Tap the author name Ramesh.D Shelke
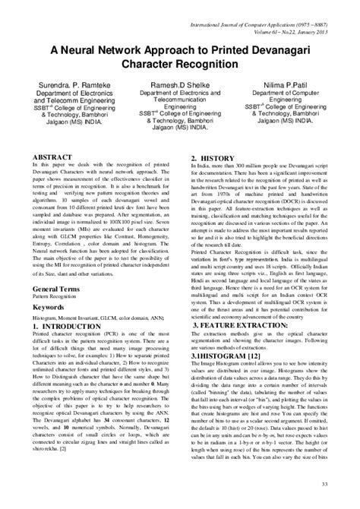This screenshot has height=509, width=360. (180, 78)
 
